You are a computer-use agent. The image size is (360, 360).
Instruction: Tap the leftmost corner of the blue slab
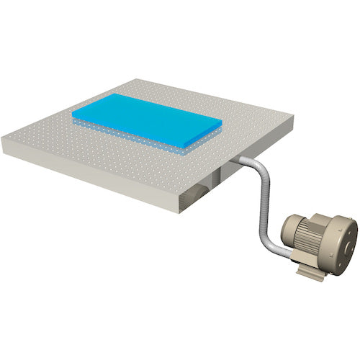[x=72, y=114]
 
